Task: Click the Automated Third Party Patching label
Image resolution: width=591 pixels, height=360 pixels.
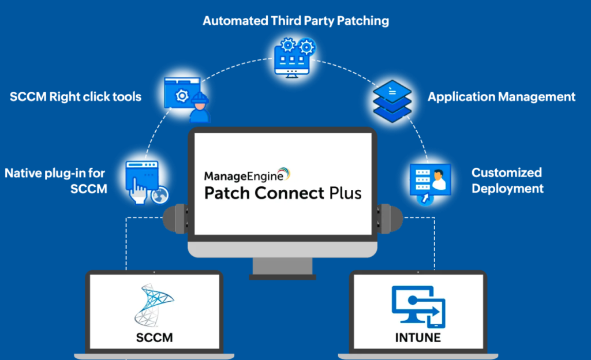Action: [x=295, y=21]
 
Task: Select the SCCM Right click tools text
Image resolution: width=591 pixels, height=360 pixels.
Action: [x=76, y=96]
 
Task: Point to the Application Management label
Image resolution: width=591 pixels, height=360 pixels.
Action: [x=502, y=96]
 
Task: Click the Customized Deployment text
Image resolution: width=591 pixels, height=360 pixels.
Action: [x=507, y=180]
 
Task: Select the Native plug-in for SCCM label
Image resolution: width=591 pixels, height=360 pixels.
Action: [x=56, y=180]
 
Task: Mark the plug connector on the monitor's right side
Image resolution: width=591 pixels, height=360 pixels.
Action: [x=390, y=219]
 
